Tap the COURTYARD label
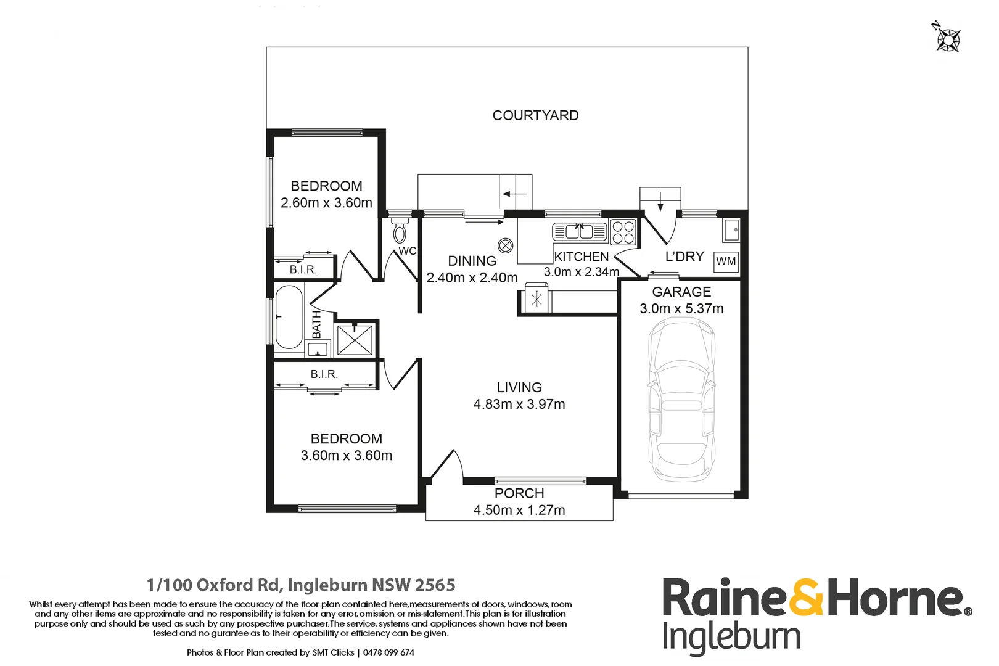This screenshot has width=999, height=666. coord(535,115)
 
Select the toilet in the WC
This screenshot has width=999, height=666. coord(400,232)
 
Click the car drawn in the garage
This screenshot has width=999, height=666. coord(681,401)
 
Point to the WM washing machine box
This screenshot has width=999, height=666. coord(726,261)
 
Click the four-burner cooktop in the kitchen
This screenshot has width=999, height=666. coord(623,232)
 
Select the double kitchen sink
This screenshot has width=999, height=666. coord(580,232)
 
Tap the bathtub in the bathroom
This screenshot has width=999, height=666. coord(289,317)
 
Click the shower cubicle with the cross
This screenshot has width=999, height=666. coord(355,340)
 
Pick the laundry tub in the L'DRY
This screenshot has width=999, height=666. coord(731,231)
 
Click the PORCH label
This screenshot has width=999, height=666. coord(519,493)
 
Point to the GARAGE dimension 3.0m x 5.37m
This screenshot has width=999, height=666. coord(681,308)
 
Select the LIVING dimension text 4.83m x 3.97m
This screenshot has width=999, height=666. coord(519,404)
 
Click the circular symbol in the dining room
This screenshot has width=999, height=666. coord(505,246)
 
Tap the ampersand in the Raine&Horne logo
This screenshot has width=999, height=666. coord(806,597)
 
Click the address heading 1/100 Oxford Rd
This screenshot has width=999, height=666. coord(301,585)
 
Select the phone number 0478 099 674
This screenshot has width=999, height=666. coord(388,652)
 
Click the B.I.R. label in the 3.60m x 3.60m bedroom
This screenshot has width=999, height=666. coord(324,374)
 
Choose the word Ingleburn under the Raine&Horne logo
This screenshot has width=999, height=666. coord(731,637)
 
